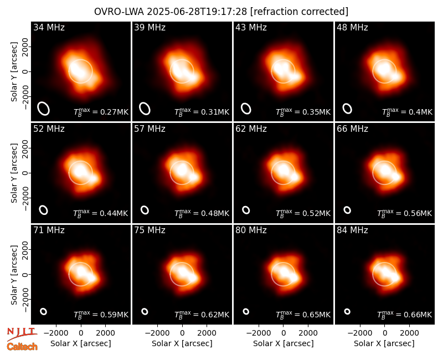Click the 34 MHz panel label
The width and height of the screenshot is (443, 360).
tap(49, 27)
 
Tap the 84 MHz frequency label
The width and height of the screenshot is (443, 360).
tap(352, 230)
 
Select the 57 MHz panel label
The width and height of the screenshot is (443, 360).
tap(150, 129)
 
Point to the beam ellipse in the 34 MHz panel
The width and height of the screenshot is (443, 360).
tap(44, 109)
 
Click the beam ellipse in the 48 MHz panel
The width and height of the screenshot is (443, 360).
tap(347, 109)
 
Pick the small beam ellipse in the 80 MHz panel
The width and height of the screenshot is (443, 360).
tap(246, 311)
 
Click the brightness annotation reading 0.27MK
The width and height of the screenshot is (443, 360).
tap(101, 112)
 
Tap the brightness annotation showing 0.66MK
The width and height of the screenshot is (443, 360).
tap(405, 314)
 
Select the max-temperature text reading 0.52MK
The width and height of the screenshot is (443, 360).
tap(303, 213)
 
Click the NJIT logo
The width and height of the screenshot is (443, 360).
tap(22, 334)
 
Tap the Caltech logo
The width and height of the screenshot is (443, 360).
tap(22, 347)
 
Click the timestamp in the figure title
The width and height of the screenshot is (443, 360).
tap(197, 12)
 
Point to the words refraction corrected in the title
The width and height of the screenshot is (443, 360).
tap(299, 12)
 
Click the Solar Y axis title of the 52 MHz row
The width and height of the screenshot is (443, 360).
tap(14, 173)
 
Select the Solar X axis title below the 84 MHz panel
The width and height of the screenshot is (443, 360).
tap(384, 343)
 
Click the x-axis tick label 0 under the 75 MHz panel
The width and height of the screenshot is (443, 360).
tap(182, 333)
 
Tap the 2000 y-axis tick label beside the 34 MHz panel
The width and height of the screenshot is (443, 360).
tap(25, 47)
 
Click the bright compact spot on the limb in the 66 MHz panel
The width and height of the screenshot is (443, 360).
tap(396, 177)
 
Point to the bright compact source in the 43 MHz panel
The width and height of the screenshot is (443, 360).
tap(296, 76)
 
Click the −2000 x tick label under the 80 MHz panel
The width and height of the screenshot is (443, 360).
tap(259, 333)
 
